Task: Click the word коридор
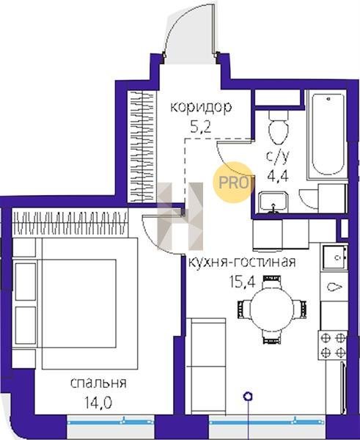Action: (x=201, y=108)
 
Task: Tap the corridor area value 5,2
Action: (x=200, y=128)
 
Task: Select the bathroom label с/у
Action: (x=277, y=158)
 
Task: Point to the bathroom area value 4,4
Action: (x=278, y=176)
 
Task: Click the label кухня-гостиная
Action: (x=242, y=262)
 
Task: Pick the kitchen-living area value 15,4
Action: (x=243, y=282)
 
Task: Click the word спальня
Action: (x=98, y=383)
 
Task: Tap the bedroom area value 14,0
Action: (x=98, y=403)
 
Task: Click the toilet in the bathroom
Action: (x=279, y=127)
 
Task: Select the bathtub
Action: (x=328, y=134)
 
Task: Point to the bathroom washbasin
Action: (x=273, y=202)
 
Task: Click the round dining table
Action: (x=271, y=309)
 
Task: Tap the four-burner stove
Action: (x=333, y=345)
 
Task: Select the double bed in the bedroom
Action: (x=89, y=304)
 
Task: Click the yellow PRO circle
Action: (x=233, y=183)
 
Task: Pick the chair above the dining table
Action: (x=271, y=282)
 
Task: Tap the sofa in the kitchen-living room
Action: (x=206, y=366)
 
